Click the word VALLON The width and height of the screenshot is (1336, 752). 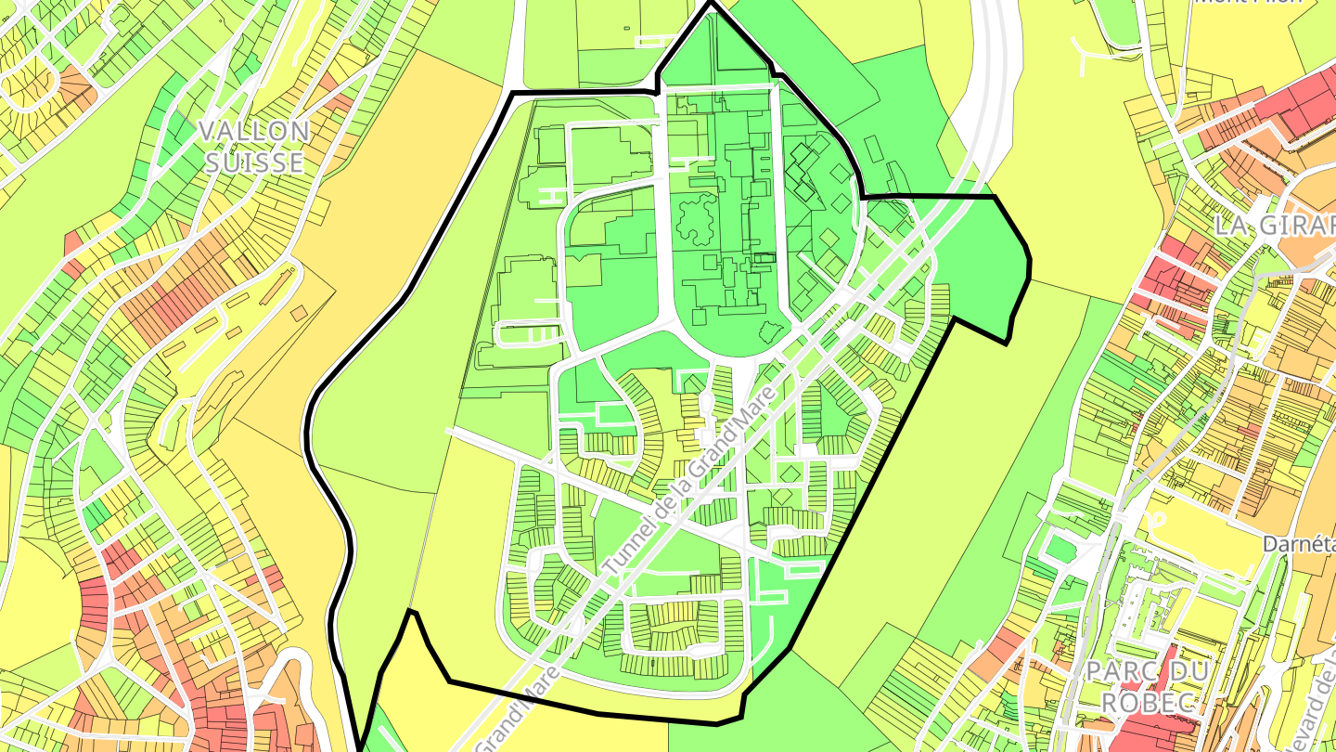253,131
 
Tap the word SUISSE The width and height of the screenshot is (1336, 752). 253,162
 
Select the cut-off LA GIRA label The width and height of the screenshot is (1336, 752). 1276,225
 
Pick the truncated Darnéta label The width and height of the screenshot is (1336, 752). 1299,543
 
